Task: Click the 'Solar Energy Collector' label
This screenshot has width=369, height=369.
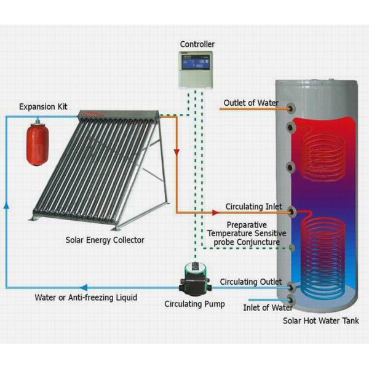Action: point(105,239)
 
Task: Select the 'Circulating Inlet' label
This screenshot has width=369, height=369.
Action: point(253,207)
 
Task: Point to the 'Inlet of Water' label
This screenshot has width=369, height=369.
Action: point(268,307)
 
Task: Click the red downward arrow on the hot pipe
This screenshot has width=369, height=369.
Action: point(177,151)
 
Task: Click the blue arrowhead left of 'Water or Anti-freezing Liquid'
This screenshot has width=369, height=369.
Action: point(84,287)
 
